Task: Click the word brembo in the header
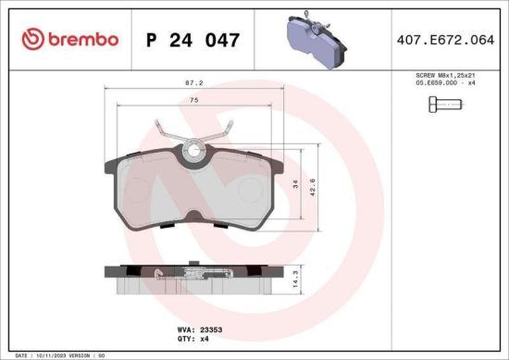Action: click(x=83, y=39)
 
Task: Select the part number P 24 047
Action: click(x=194, y=40)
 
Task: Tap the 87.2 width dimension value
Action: click(x=194, y=81)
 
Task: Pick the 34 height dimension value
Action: click(x=295, y=184)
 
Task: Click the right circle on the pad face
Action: click(x=250, y=191)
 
